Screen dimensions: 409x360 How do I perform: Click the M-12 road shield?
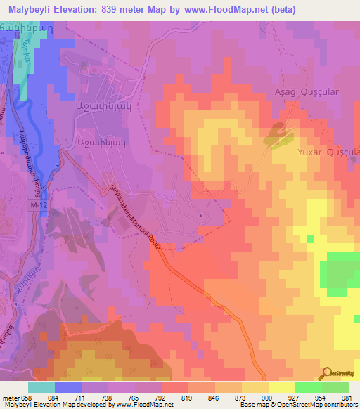point(39,204)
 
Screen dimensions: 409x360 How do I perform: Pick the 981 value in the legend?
point(346,397)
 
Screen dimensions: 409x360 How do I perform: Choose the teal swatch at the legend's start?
point(41,387)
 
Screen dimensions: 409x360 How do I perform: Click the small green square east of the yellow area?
point(309,239)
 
